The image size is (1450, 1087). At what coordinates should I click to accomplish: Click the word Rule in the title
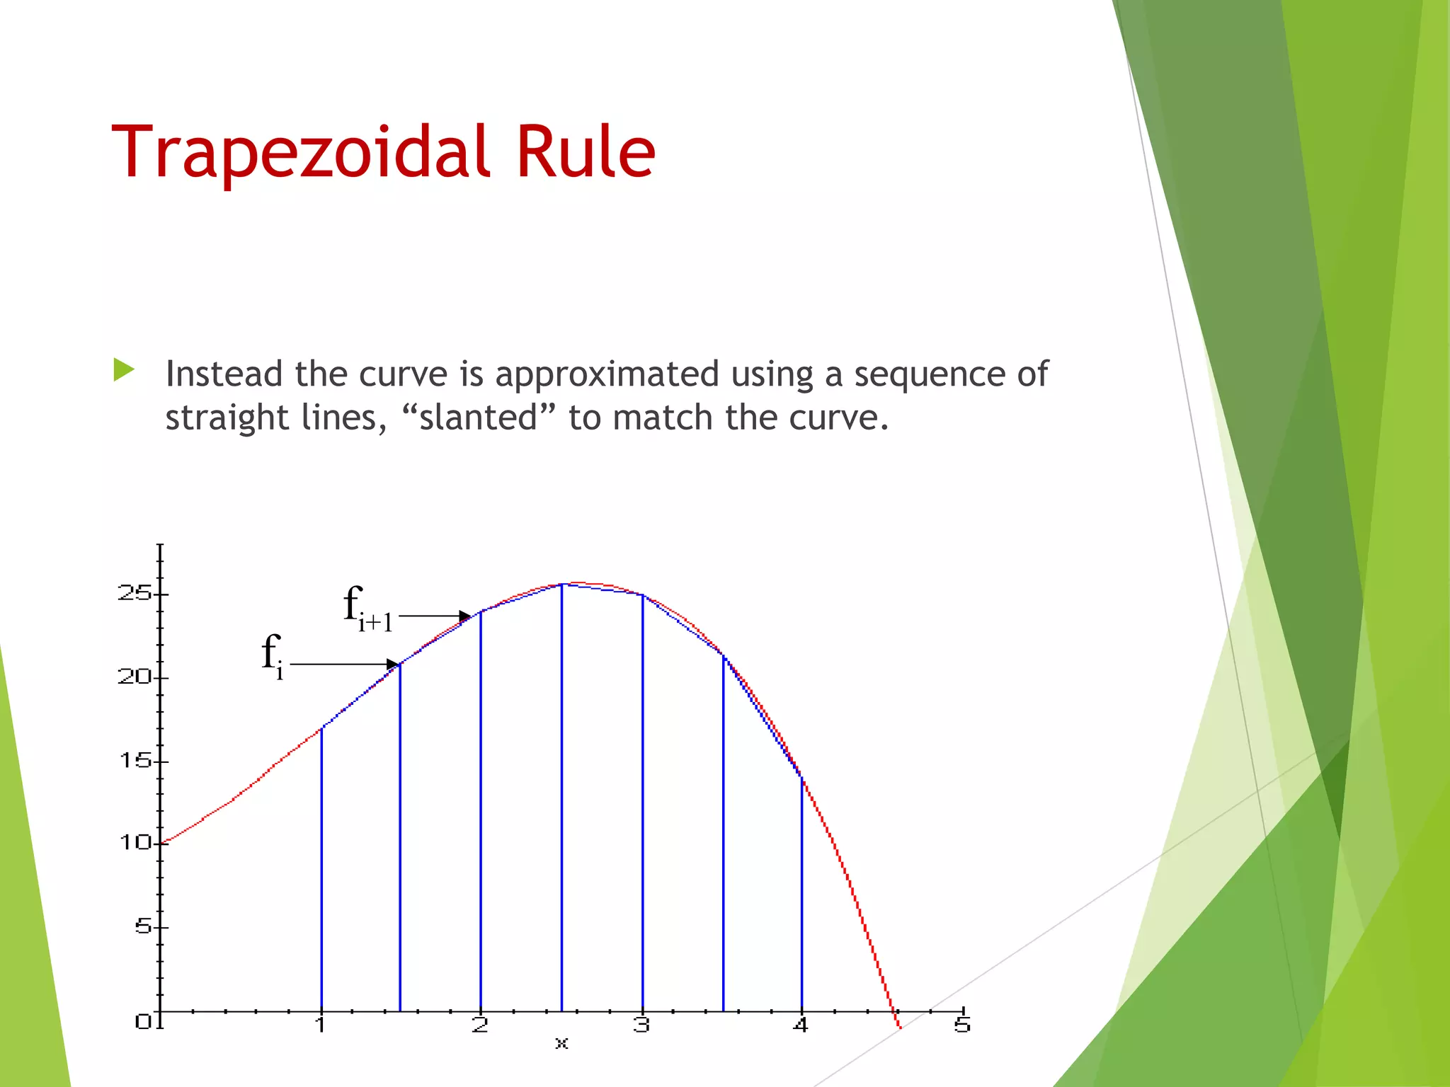(x=586, y=152)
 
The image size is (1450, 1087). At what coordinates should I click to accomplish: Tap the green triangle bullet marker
(x=124, y=369)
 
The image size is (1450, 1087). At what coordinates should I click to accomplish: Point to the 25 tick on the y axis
(x=135, y=593)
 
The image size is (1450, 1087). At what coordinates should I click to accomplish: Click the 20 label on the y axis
(x=135, y=677)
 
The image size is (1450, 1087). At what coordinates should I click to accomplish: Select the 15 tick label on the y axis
(x=135, y=761)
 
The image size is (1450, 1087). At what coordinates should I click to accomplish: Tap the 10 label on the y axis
(x=135, y=843)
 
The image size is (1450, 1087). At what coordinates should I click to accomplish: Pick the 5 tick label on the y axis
(x=143, y=926)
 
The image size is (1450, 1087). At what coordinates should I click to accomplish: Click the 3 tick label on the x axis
(x=641, y=1025)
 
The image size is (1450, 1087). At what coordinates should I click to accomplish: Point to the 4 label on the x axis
(x=800, y=1025)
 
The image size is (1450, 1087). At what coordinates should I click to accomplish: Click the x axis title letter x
(x=561, y=1043)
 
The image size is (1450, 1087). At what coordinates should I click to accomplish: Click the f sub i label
(x=272, y=655)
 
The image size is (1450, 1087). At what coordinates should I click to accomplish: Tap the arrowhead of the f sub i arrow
(x=393, y=664)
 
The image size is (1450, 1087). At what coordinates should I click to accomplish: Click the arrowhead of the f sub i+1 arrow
(x=465, y=616)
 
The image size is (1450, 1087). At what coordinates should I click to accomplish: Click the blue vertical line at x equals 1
(x=321, y=870)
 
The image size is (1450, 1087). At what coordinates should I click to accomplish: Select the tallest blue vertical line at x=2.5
(x=561, y=800)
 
